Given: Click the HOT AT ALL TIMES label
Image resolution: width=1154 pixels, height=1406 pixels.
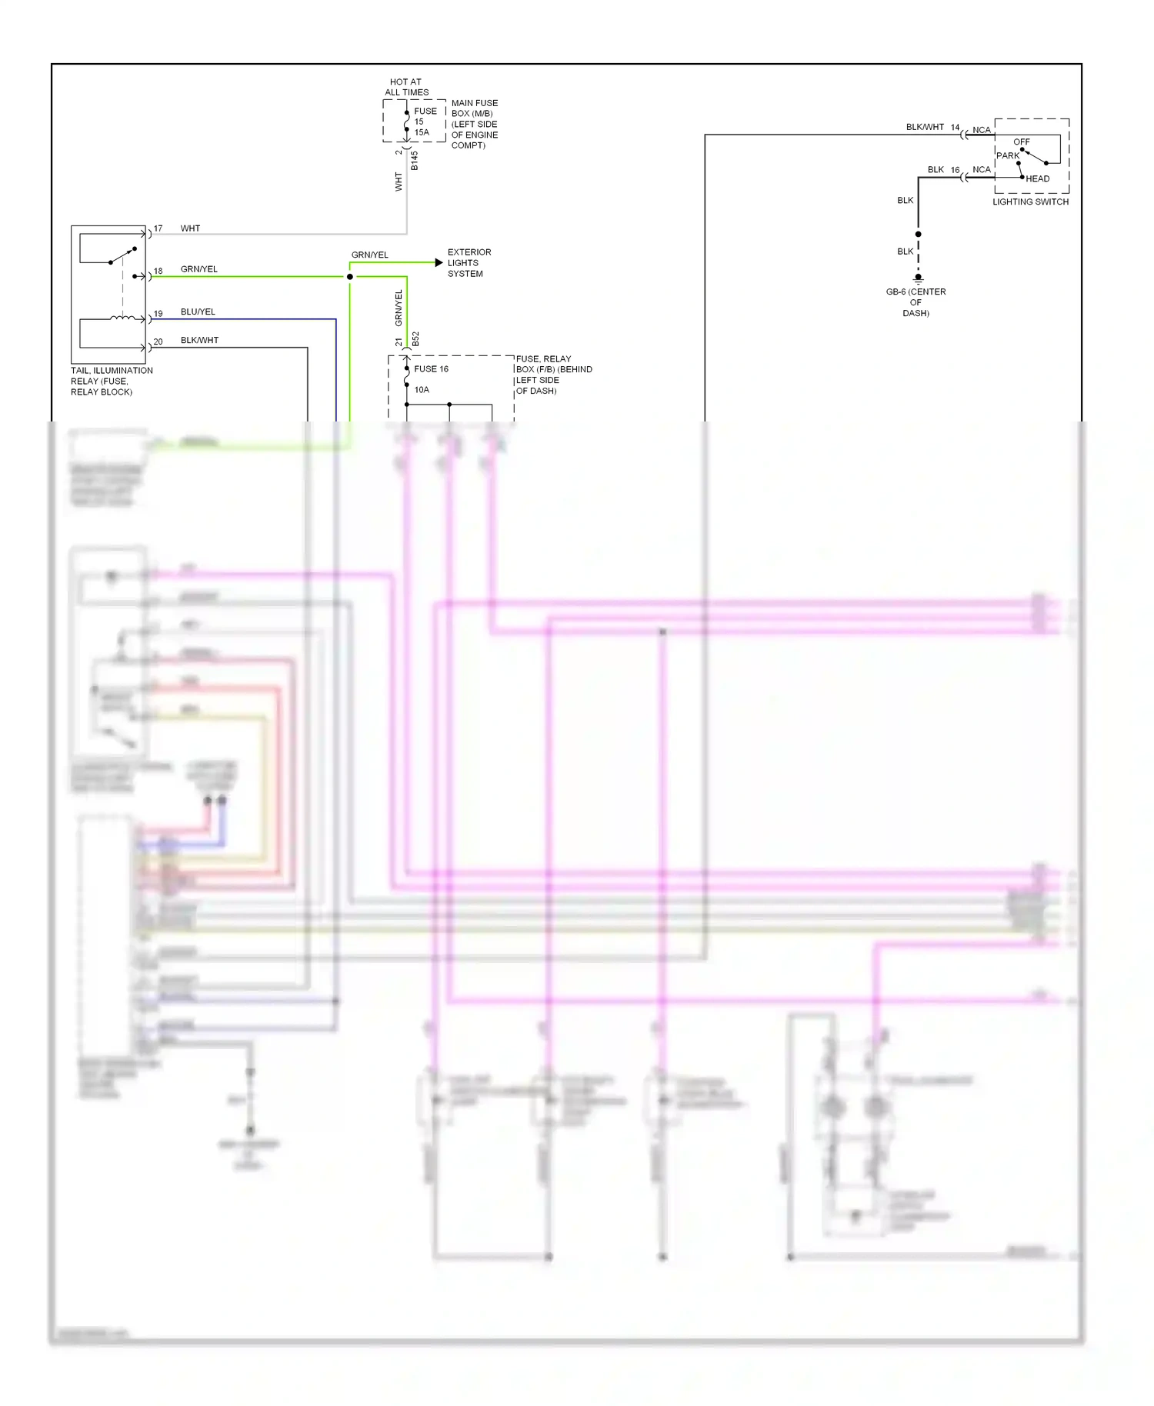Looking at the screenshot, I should [x=406, y=87].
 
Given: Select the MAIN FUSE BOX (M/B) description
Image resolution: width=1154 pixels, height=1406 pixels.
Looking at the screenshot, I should [x=474, y=124].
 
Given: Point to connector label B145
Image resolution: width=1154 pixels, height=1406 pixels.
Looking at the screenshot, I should [x=414, y=161].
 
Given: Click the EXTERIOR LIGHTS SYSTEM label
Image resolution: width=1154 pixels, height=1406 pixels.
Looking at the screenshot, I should [x=469, y=263].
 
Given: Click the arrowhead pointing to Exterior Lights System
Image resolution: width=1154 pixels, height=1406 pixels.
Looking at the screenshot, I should [x=439, y=263].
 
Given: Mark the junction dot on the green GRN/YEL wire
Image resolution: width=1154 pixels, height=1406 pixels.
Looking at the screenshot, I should [x=350, y=277].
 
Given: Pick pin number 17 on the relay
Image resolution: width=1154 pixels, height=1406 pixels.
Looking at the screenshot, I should [x=158, y=228].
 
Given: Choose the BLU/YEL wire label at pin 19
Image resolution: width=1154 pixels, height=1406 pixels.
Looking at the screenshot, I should [x=198, y=312].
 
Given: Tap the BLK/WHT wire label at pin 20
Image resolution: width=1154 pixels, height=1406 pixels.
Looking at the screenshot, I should [x=199, y=340].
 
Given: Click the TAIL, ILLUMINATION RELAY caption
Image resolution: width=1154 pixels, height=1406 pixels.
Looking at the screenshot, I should [x=112, y=381].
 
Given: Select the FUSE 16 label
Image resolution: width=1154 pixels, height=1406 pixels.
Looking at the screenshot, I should [x=431, y=369].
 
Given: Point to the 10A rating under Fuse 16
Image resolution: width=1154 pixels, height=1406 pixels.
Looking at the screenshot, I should [x=422, y=390].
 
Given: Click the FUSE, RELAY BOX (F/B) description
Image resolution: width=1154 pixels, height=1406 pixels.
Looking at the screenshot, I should [x=553, y=375].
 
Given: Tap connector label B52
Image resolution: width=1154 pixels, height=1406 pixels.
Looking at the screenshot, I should [x=415, y=339].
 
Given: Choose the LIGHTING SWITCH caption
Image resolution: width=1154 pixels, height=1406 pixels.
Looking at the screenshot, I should [x=1030, y=202].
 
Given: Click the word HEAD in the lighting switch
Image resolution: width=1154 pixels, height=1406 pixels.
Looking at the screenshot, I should [x=1037, y=178].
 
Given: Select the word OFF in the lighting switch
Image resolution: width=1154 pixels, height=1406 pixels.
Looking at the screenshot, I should [x=1021, y=142].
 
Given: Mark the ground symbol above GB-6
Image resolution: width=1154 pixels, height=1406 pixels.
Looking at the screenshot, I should [x=918, y=278].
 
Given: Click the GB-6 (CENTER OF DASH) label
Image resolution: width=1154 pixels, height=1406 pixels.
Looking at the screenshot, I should [x=916, y=302].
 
